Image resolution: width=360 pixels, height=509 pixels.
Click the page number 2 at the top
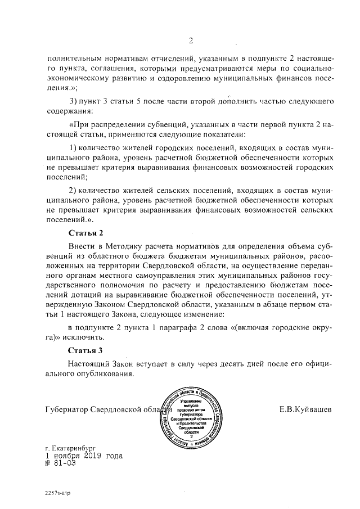[191, 40]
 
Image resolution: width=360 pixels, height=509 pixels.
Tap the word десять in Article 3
[241, 364]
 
